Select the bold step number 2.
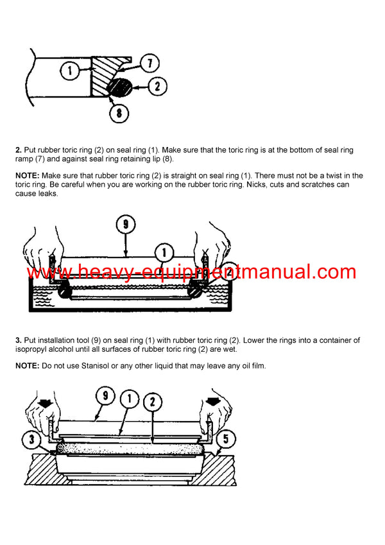pos(19,150)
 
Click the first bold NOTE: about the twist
pos(29,176)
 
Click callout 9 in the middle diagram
pos(126,225)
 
